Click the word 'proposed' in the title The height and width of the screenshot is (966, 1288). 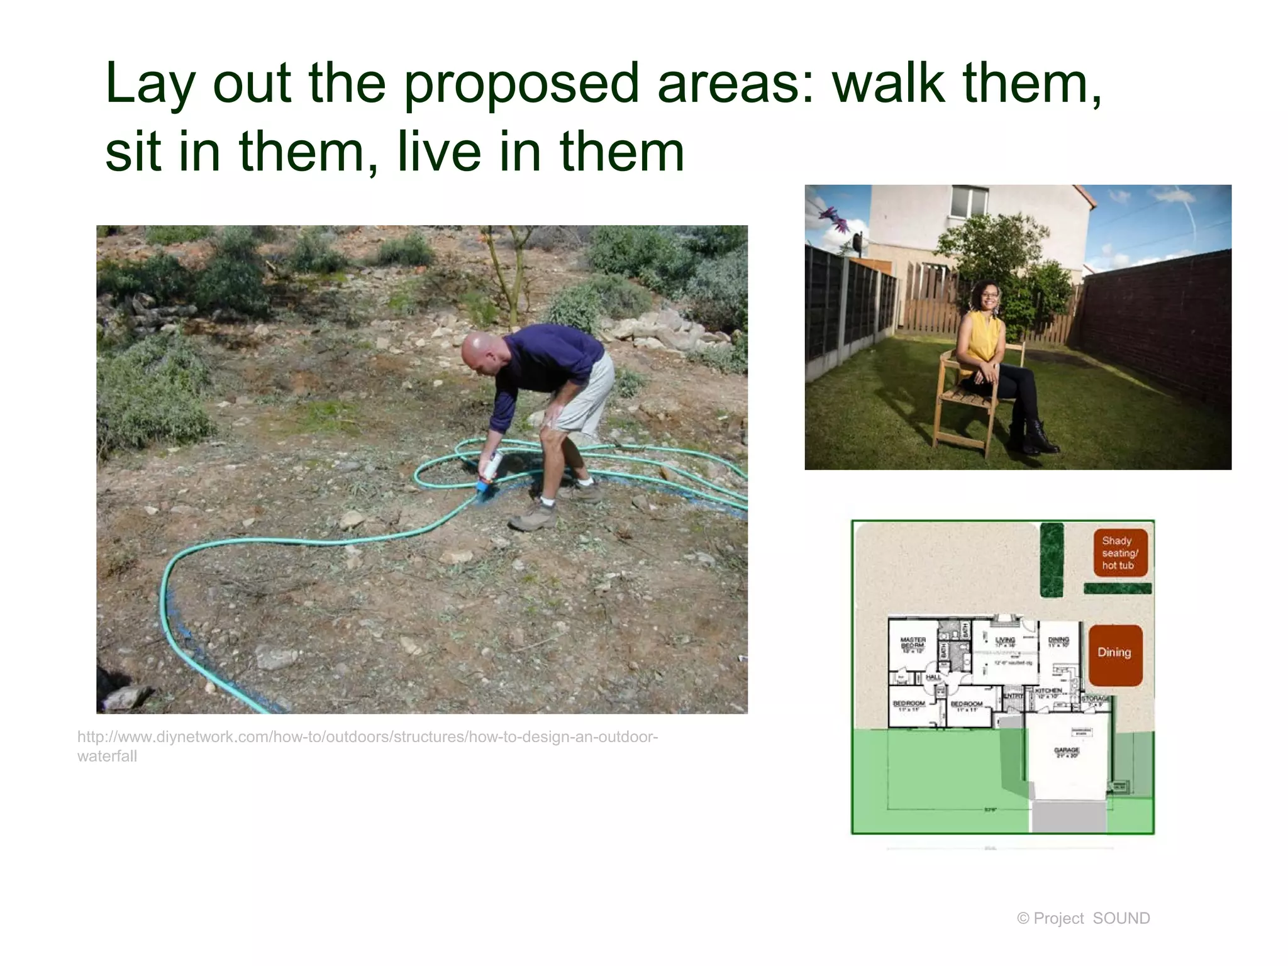click(521, 84)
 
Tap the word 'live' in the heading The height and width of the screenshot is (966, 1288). click(438, 152)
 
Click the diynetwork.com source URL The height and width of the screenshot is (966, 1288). click(367, 746)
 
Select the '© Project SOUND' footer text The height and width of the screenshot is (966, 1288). click(1083, 918)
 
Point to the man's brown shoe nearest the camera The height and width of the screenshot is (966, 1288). click(533, 517)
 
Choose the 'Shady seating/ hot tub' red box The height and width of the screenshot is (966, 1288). click(1120, 553)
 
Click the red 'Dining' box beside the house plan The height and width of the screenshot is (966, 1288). click(1114, 654)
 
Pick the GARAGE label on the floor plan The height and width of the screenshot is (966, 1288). click(1067, 752)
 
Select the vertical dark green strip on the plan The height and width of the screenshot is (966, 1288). click(1052, 560)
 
